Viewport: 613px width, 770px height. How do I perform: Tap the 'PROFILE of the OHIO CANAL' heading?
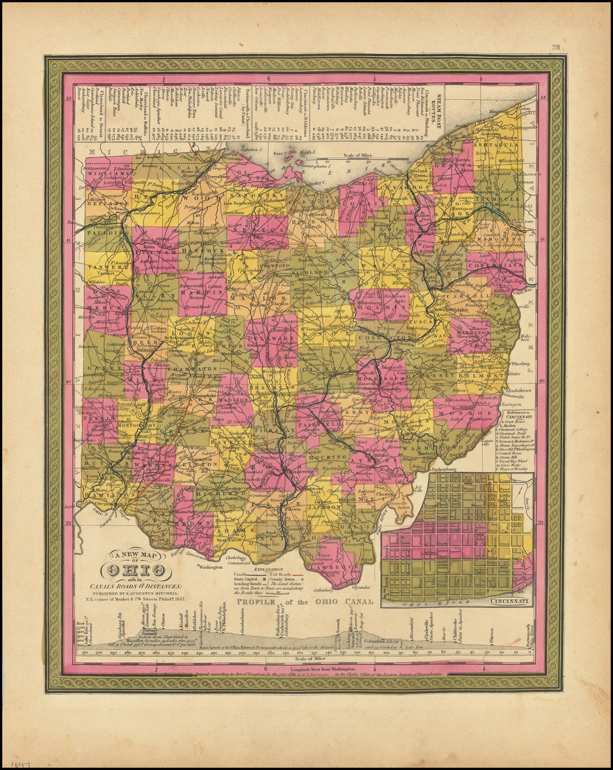click(305, 602)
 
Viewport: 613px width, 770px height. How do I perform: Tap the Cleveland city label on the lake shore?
click(420, 170)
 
